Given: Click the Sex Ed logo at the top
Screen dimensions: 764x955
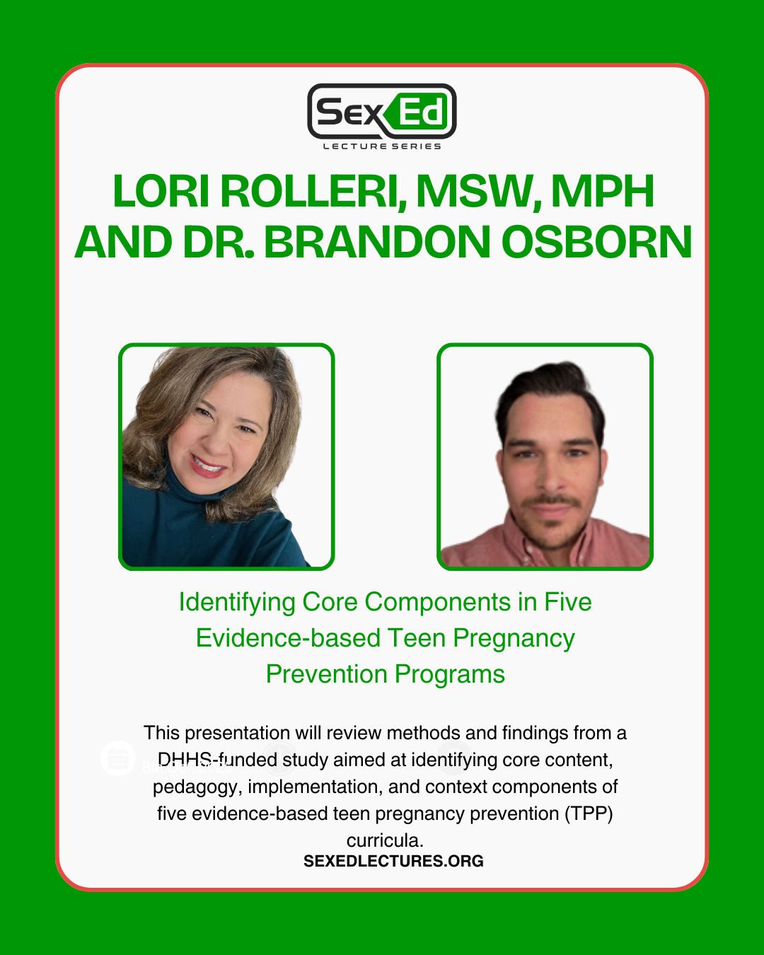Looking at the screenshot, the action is tap(382, 111).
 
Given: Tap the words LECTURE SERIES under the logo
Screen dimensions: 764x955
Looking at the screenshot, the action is tap(382, 146).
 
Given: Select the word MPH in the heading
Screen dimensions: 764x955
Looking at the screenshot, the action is tap(603, 191).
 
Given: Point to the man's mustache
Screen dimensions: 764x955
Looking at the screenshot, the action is tap(551, 500).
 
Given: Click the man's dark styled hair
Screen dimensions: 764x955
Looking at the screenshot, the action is tap(550, 395).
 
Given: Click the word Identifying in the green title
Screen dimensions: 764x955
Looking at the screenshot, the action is tap(237, 603).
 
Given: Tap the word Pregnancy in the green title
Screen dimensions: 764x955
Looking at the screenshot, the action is tap(514, 639).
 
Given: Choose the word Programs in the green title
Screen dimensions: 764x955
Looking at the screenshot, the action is tap(450, 675).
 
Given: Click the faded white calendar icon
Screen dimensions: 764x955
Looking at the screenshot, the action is tap(117, 758).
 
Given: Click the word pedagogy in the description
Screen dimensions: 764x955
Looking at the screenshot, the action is tap(197, 787).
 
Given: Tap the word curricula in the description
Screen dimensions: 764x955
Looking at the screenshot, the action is tap(385, 840).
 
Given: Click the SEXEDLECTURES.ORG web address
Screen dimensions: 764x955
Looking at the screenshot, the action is tap(393, 861).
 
